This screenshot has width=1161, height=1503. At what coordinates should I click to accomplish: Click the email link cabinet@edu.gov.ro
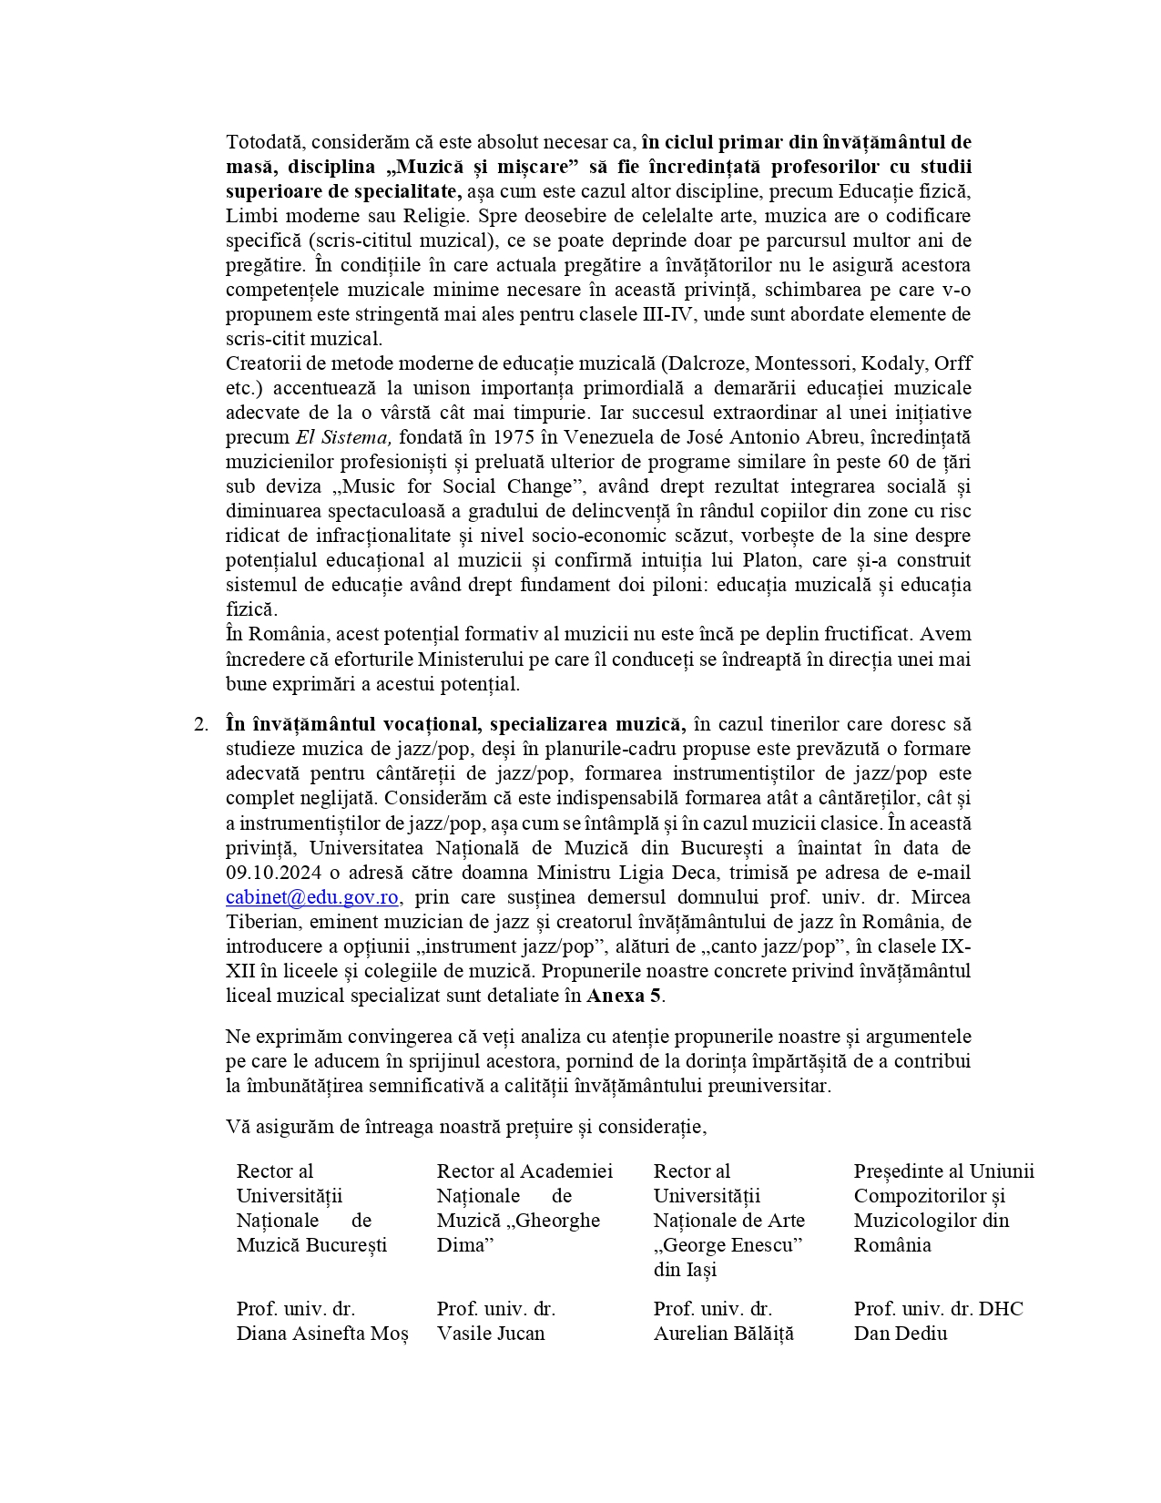311,897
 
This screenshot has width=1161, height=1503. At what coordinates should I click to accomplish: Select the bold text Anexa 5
624,996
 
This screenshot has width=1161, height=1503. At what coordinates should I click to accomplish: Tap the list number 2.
201,724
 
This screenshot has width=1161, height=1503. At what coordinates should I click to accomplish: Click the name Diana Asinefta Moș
322,1334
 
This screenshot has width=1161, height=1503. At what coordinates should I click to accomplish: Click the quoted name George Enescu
728,1245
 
